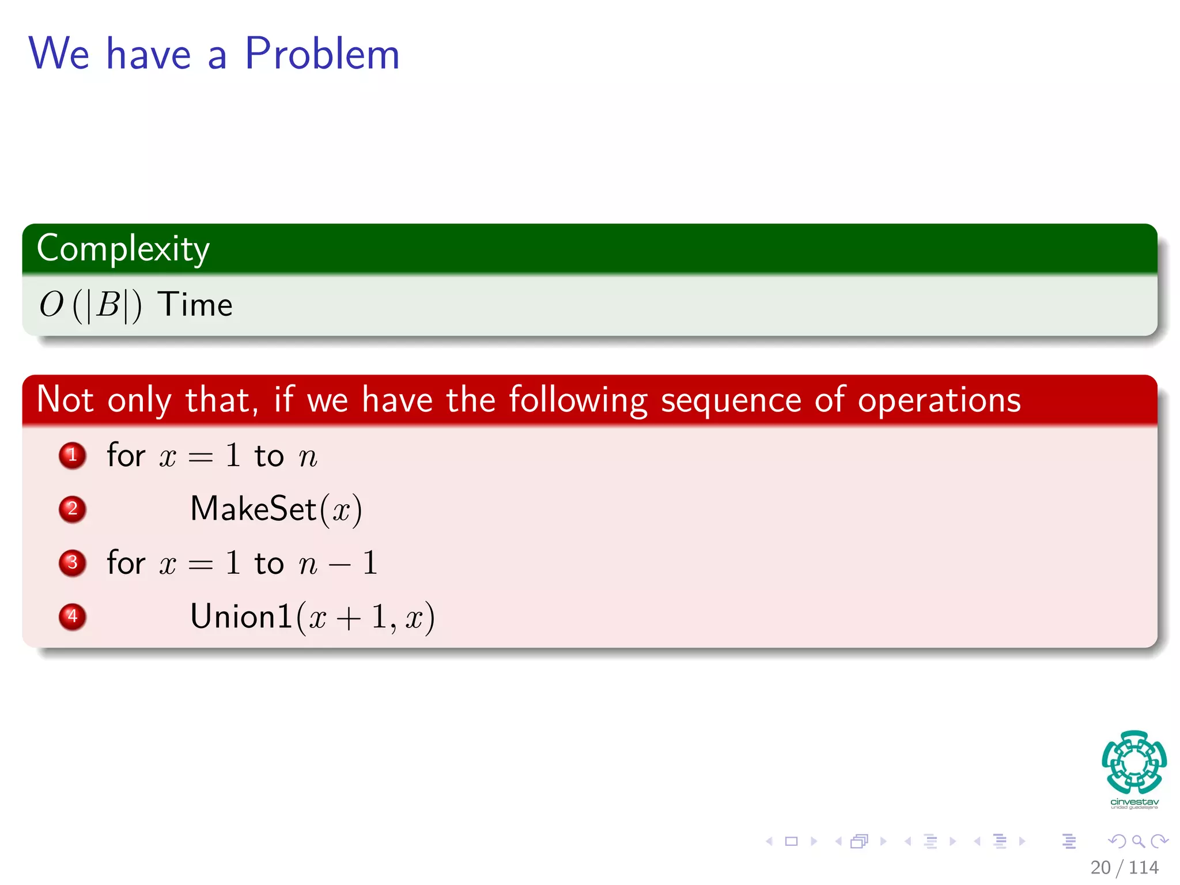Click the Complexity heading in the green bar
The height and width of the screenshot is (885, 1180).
[123, 249]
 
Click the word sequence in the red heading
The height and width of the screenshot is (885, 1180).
[731, 400]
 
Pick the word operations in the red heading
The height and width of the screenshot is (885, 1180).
[939, 400]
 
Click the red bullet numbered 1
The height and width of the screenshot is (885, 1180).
[73, 455]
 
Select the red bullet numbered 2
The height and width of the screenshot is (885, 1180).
[73, 509]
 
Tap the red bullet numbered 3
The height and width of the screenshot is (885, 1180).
[73, 562]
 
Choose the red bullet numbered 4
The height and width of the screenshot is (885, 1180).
[73, 616]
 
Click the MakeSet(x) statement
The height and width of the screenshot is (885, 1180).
[276, 509]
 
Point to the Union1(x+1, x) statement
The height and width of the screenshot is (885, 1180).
[312, 617]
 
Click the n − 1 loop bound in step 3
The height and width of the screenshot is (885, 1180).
[338, 563]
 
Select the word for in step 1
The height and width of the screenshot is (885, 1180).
[126, 455]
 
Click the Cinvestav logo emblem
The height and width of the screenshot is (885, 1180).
[1134, 762]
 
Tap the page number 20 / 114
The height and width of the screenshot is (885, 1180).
[1124, 867]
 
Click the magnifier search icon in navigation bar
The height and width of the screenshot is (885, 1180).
[1138, 841]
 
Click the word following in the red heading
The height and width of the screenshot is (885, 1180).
[578, 400]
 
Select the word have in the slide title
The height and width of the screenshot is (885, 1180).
[149, 54]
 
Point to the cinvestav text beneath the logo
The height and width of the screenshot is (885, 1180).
[1134, 802]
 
